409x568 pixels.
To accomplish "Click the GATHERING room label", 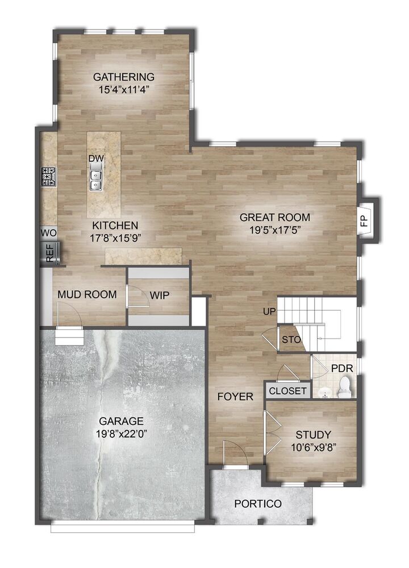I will click(124, 77).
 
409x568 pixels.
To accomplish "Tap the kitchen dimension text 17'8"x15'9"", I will click(115, 237).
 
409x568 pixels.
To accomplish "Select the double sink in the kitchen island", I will click(96, 179).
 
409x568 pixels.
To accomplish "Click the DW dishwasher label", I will click(95, 158).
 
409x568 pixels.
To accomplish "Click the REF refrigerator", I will click(49, 253).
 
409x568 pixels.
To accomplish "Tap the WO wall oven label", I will click(48, 232).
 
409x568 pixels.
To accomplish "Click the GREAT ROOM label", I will click(274, 217).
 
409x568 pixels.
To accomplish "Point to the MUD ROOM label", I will click(87, 295).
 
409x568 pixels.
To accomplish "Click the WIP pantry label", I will click(160, 295).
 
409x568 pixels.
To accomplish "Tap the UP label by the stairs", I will click(269, 312).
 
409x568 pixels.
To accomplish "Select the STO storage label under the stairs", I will click(288, 341).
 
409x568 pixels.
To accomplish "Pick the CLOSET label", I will click(287, 391).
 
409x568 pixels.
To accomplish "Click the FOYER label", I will click(235, 396).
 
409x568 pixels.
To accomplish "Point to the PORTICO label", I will click(257, 504).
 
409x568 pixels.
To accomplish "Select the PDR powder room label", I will click(342, 368).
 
